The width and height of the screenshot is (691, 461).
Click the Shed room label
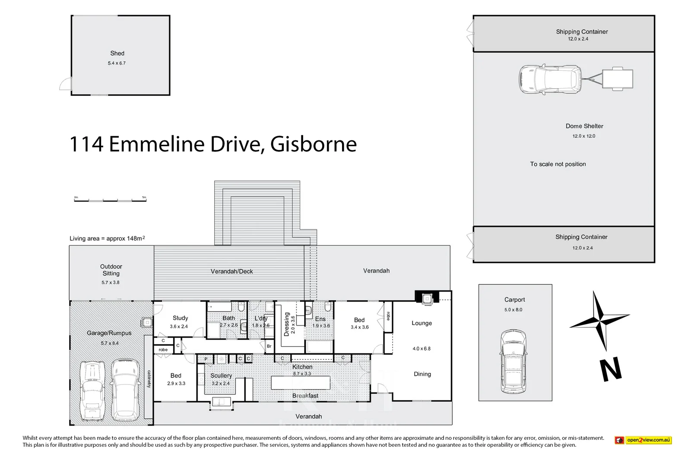[x=117, y=54]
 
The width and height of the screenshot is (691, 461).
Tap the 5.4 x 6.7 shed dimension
[x=117, y=63]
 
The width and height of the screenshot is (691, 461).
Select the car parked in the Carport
[x=513, y=362]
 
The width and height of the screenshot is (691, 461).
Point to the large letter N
[x=611, y=370]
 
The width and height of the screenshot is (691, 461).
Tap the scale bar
[x=110, y=200]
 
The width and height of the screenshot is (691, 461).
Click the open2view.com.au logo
[x=643, y=440]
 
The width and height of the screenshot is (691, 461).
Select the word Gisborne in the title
[x=314, y=144]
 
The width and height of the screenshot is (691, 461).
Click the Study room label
[x=180, y=318]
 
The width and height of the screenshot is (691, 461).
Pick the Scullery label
[x=221, y=376]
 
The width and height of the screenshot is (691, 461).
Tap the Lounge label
[x=422, y=323]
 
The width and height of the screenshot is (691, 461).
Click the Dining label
[x=422, y=374]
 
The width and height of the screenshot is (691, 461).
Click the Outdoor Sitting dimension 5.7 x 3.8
[x=111, y=283]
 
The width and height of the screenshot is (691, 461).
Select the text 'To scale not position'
[x=558, y=164]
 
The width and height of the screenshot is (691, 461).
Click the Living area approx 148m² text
[x=107, y=238]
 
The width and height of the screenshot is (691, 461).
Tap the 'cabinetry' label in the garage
[x=149, y=379]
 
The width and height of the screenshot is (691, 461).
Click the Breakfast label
[x=305, y=396]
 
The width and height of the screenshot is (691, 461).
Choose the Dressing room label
[x=286, y=324]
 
